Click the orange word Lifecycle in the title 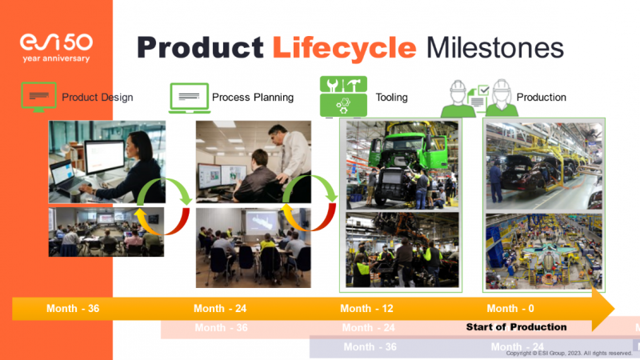coord(344,47)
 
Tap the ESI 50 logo coord(55,42)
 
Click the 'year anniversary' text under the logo coord(55,58)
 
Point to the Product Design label coord(98,98)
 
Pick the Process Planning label coord(253,98)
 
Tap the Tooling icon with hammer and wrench coord(343,97)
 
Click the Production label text coord(542,98)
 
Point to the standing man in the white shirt coord(294,156)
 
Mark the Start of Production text coord(516,327)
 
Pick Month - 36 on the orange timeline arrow coord(73,309)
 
